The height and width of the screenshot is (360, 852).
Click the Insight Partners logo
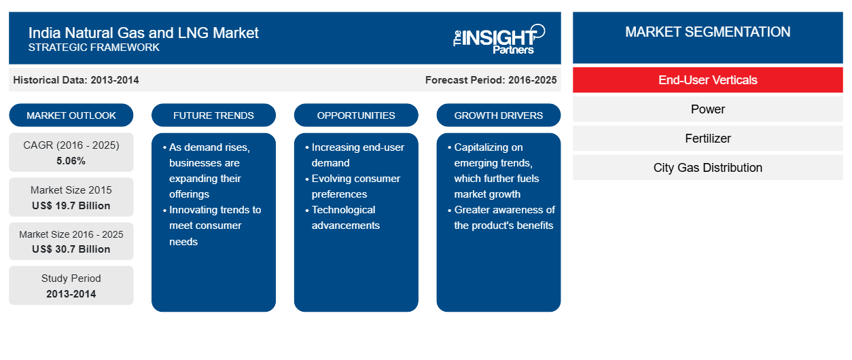coord(499,39)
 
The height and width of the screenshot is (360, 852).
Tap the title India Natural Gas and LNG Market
coord(143,33)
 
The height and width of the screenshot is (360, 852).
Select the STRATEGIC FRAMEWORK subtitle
coord(94,48)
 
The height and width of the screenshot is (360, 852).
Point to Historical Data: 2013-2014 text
coord(76,80)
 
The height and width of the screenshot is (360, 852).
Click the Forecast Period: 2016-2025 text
coord(491,80)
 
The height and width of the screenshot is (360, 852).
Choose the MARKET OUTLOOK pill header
coord(71,115)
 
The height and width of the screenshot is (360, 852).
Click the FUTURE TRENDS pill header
coord(213,115)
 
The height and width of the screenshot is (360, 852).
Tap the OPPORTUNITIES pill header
coord(356,115)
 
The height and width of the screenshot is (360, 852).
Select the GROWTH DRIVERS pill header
coord(498,115)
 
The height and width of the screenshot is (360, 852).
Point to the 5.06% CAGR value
coord(71,161)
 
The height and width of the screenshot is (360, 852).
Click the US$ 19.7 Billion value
coord(71,206)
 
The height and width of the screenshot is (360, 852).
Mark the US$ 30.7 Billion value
coord(71,249)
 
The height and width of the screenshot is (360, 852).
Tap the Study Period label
coord(71,278)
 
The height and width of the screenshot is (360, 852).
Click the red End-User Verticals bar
coord(708,80)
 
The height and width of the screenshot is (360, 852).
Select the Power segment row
coord(708,109)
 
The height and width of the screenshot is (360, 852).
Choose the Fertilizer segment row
coord(708,139)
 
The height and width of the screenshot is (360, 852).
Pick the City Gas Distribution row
coord(708,168)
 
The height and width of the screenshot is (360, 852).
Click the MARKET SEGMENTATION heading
coord(708,32)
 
